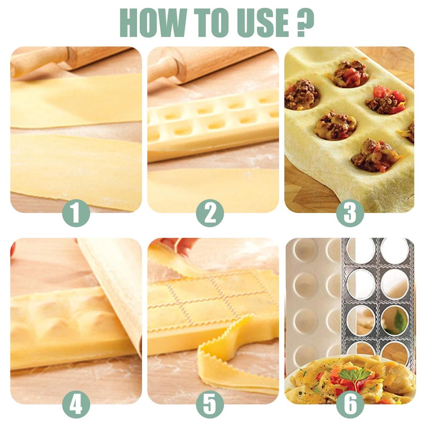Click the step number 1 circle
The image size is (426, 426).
76,213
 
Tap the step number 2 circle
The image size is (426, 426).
210,213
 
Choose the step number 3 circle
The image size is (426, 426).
350,213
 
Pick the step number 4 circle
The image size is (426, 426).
76,404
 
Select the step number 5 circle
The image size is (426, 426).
210,404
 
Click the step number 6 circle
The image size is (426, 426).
350,404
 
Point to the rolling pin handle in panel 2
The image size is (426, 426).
164,69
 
